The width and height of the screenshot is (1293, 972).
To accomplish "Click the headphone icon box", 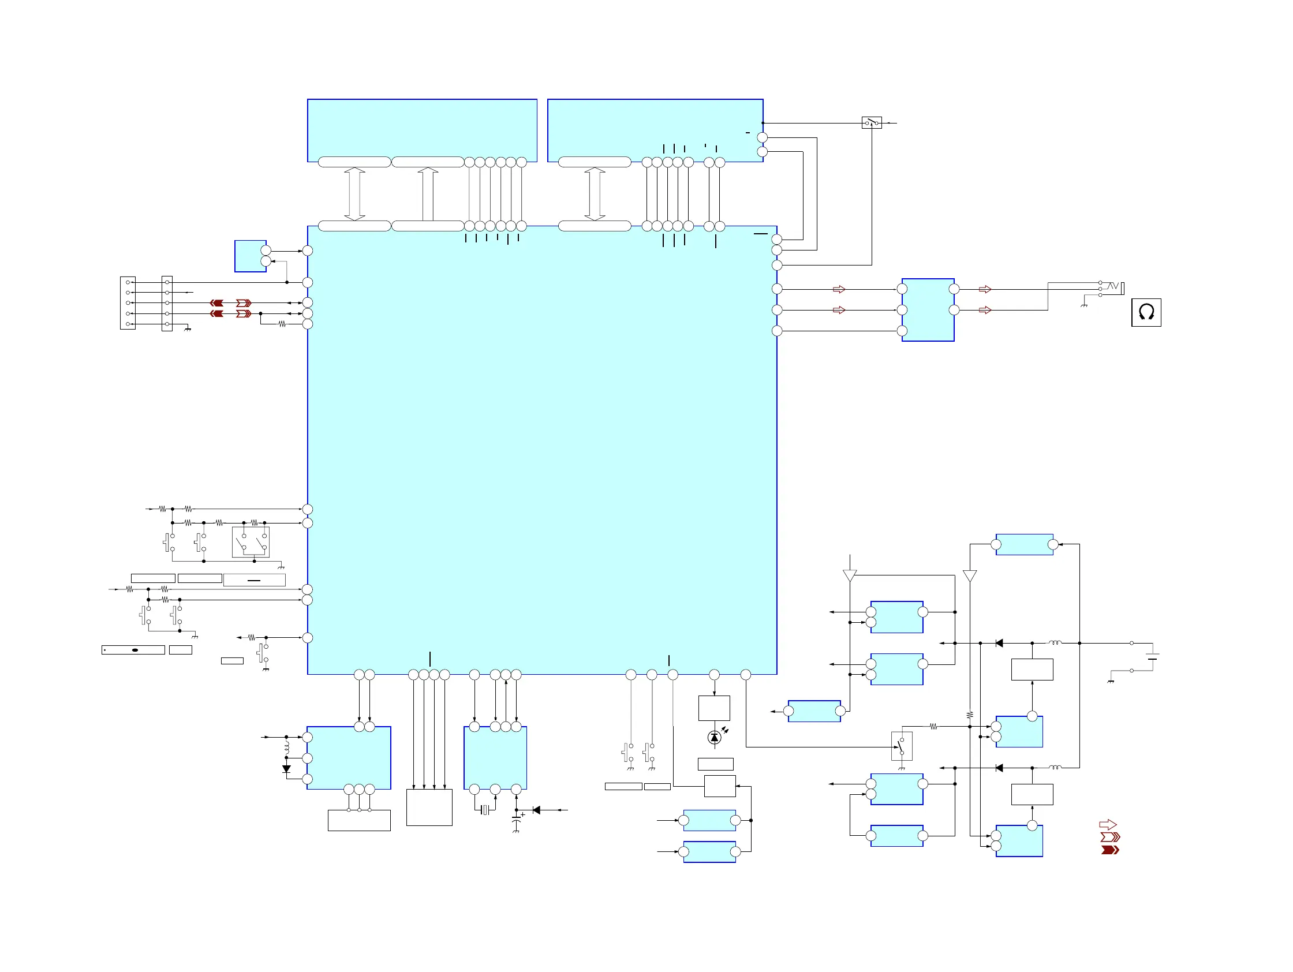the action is [1146, 312].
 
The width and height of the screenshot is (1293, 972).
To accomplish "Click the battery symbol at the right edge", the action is [1152, 656].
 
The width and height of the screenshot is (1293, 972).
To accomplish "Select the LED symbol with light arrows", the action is [714, 738].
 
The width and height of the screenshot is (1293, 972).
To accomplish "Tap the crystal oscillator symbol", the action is [484, 810].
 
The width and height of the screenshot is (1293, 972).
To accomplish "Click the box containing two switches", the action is [251, 542].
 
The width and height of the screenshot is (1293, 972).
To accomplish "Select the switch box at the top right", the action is [872, 123].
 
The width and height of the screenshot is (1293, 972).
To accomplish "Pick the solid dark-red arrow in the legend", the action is [1109, 850].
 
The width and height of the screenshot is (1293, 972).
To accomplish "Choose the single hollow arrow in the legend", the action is [1108, 825].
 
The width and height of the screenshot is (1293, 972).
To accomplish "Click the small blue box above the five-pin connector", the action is [250, 256].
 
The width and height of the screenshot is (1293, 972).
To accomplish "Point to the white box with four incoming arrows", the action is [429, 807].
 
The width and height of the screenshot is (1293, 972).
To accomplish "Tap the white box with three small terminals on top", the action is [359, 820].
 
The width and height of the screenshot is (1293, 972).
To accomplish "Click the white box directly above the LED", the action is [713, 708].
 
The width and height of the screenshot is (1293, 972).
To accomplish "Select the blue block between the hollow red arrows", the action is [928, 310].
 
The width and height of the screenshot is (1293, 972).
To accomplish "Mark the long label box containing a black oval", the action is [133, 650].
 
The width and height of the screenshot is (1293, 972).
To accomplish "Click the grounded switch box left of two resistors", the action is [902, 746].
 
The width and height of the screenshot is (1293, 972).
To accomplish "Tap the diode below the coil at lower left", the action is [286, 769].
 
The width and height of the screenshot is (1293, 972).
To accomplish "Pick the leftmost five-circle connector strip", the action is [128, 304].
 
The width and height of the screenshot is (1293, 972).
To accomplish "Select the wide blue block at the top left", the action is [422, 130].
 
